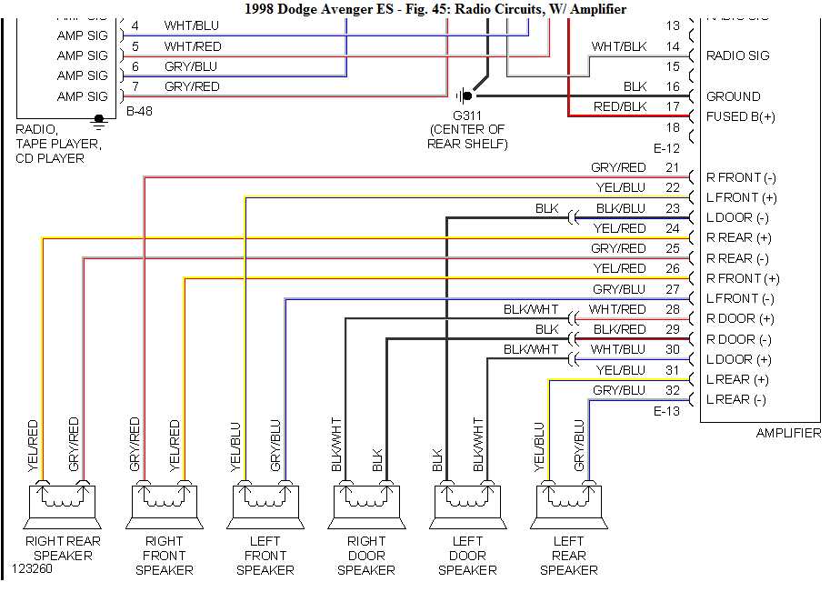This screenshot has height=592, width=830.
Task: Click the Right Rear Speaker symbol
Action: (x=62, y=501)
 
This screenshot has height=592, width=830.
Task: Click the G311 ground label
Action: (x=466, y=115)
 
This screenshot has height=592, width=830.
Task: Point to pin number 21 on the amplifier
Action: (x=672, y=167)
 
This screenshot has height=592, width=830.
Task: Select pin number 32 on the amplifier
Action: (x=672, y=390)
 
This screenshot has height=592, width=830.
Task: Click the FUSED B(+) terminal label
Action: (x=740, y=116)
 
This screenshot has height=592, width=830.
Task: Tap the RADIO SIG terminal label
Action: (x=737, y=55)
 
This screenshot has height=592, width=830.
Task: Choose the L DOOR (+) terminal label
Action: (x=737, y=359)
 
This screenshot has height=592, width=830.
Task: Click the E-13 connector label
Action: (x=667, y=411)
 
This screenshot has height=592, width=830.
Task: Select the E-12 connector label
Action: (x=667, y=148)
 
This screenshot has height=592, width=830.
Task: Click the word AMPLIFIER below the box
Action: (x=787, y=434)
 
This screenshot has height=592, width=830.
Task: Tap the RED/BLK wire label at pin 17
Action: (x=619, y=106)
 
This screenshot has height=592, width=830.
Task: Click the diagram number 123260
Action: (x=32, y=570)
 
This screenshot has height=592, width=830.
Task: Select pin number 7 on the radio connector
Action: (x=135, y=86)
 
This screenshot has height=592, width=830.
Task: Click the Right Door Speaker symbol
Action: (x=365, y=501)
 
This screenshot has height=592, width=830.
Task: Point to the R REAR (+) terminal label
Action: (x=738, y=237)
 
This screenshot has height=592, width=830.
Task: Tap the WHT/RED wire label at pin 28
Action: (x=617, y=309)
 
